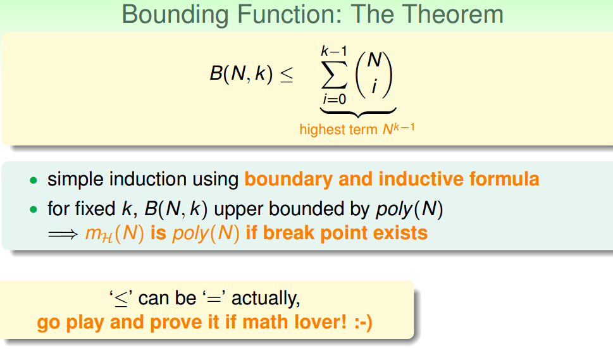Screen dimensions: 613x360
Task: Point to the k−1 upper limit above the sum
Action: tap(334, 51)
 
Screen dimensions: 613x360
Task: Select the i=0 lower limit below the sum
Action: tap(334, 99)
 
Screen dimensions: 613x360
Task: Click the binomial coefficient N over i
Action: tap(374, 75)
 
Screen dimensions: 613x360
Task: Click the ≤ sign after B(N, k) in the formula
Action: tap(287, 74)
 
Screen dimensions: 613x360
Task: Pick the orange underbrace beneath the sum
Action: tap(358, 113)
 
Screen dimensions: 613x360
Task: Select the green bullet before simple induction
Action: tap(34, 180)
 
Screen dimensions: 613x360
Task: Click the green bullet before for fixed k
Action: tap(34, 209)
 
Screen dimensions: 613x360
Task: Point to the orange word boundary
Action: tap(288, 180)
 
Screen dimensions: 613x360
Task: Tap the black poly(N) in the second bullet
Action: tap(409, 209)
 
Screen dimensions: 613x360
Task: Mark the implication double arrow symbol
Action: tap(63, 234)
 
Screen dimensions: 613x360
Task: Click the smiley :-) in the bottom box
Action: tap(363, 323)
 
